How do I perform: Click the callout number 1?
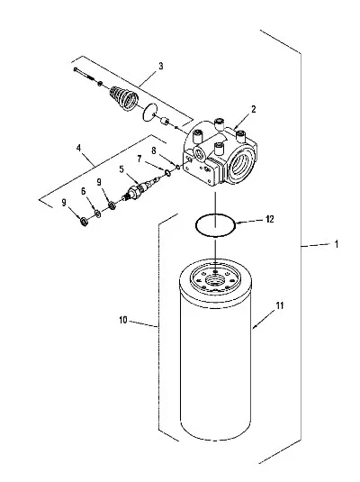coord(337,244)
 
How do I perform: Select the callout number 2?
coord(254,109)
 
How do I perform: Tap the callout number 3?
coord(161,66)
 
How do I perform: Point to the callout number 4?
coord(78,148)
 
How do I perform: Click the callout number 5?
coord(121,169)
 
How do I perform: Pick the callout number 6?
coord(84,191)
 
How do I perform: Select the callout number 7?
coord(139,159)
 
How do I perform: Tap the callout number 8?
coord(154,150)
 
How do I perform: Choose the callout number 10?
coord(123,320)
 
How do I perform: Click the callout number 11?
coord(280,305)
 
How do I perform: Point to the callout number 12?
coord(270,219)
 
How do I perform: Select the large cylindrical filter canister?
coord(215,350)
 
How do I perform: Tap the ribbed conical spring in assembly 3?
coord(124,98)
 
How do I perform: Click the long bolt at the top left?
coord(85,74)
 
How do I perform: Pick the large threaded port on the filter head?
coord(241,165)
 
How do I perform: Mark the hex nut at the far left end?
coord(83,221)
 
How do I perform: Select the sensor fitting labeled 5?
coord(139,188)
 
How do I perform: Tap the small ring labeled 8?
coord(178,167)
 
